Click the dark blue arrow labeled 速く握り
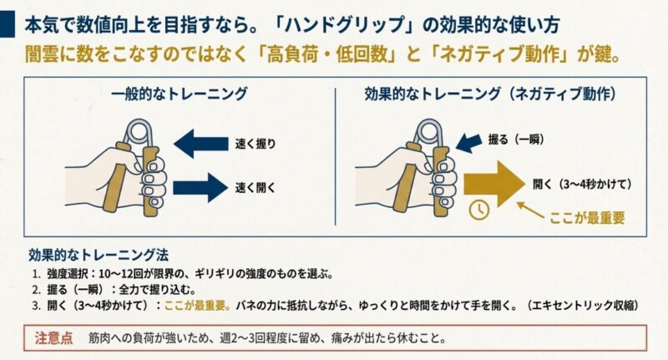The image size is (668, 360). [x=199, y=143]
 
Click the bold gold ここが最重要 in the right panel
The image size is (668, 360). [x=587, y=219]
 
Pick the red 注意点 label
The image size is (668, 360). [x=53, y=339]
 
